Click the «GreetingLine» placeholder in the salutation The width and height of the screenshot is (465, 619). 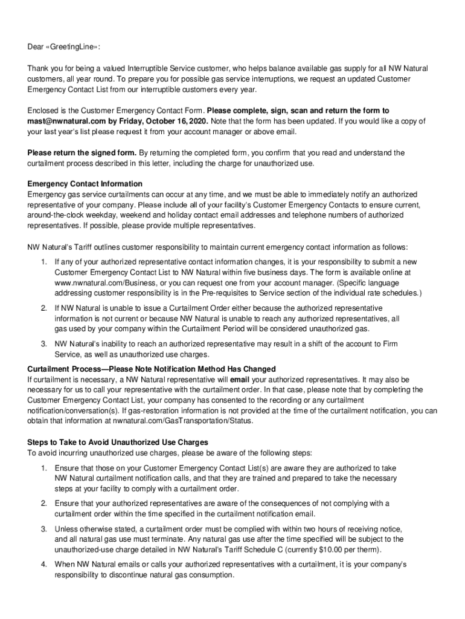pos(74,47)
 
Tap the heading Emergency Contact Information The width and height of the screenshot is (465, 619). pos(85,184)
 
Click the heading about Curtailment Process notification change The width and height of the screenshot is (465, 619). pos(152,369)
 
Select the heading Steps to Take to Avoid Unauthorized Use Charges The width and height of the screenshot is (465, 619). pos(118,442)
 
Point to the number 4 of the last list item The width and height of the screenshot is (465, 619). pos(44,565)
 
